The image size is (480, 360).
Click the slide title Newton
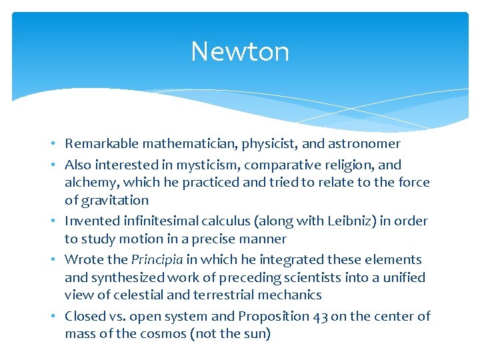[x=240, y=51]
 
